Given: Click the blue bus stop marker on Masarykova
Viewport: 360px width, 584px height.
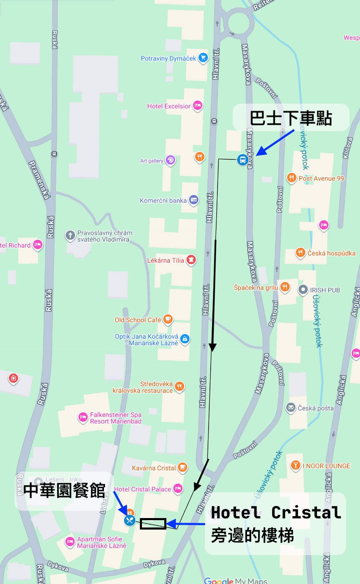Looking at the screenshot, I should [242, 160].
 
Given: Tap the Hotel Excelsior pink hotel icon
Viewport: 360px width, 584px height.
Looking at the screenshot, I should [198, 105].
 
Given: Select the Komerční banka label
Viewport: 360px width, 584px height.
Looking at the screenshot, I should [163, 201].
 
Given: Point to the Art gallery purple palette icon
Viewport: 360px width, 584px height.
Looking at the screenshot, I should [171, 160].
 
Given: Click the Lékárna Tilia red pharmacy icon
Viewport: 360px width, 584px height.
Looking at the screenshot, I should [191, 260].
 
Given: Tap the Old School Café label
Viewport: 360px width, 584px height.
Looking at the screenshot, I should [138, 320].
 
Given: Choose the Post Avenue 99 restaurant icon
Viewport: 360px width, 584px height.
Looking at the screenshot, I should [291, 178].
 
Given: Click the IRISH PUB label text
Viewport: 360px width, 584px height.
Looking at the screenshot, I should [325, 290].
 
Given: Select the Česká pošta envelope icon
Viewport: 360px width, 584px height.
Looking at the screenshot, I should [291, 407].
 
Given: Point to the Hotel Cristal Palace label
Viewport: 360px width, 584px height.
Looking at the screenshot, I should [142, 489].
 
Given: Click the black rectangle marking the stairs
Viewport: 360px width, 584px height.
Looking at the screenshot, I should [153, 524].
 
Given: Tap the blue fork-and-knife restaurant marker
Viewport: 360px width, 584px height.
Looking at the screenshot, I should [129, 521].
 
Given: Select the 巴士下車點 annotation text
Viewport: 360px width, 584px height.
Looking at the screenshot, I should [291, 118].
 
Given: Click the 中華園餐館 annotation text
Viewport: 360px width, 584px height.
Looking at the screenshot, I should [65, 491].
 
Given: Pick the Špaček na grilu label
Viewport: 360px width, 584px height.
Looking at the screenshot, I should [256, 287].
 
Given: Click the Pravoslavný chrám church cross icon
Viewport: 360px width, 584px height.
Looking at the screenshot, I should [70, 235].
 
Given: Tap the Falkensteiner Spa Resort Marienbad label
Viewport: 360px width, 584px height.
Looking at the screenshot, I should [115, 418].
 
